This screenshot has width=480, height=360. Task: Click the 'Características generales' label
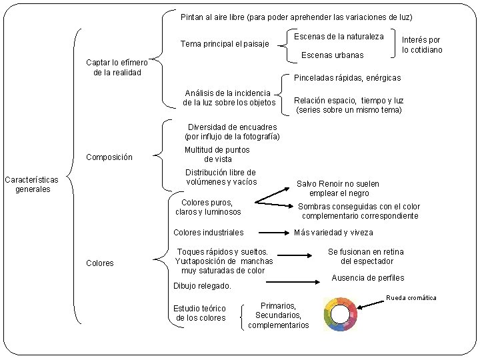(x=31, y=184)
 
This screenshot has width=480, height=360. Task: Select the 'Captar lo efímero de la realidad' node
(x=118, y=67)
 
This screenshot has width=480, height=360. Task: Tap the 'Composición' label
(x=110, y=158)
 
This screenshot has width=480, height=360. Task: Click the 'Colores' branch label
(x=100, y=263)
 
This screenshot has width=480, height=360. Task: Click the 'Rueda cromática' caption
(x=411, y=297)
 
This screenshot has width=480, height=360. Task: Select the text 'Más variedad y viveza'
(x=333, y=233)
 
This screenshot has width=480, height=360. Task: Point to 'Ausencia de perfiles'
(x=367, y=278)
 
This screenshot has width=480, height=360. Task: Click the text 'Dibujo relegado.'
(x=202, y=286)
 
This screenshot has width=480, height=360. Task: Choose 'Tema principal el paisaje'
(x=225, y=45)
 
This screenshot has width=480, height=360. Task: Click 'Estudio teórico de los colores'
(x=199, y=313)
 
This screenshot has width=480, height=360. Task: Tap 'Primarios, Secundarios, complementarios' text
(x=279, y=315)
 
